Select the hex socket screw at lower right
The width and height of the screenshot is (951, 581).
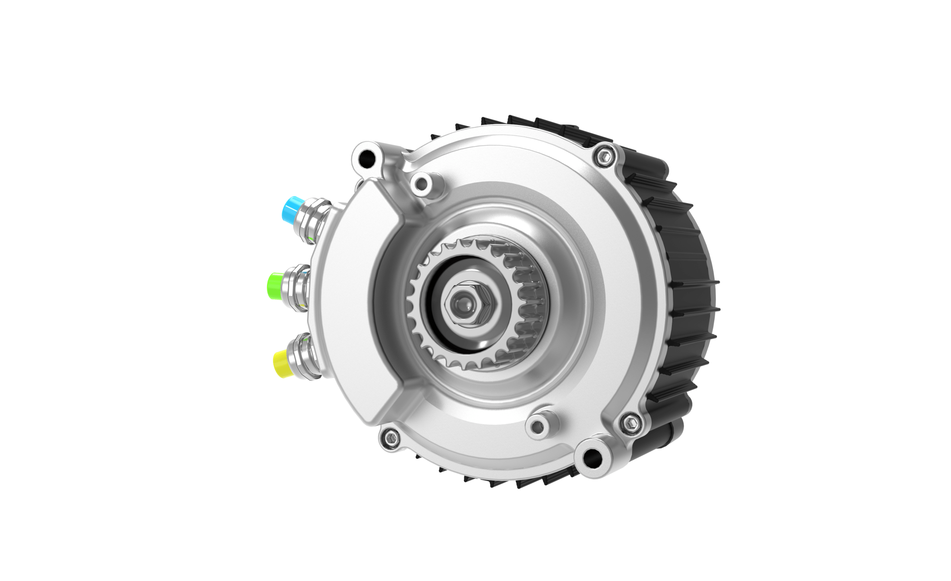click(631, 423)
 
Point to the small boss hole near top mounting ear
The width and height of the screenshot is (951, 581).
click(422, 185)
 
